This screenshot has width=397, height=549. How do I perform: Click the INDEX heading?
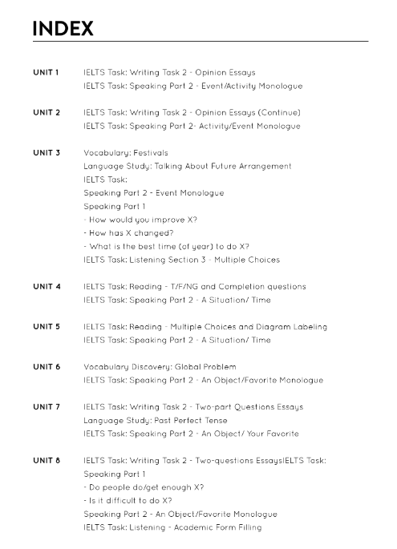point(63,29)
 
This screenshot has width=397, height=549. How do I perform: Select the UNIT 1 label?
point(46,72)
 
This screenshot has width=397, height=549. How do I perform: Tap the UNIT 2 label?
point(46,112)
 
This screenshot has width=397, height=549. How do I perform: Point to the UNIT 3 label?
point(46,152)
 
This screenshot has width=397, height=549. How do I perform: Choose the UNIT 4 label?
point(46,286)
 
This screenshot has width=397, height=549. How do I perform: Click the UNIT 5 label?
point(46,326)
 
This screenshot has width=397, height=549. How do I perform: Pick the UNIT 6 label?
point(46,366)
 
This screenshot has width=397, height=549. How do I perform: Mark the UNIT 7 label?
point(46,406)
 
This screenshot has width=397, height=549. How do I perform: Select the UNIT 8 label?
point(46,460)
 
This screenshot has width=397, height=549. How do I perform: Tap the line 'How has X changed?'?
point(128,232)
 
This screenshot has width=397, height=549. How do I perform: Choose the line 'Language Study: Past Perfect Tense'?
point(155,420)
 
